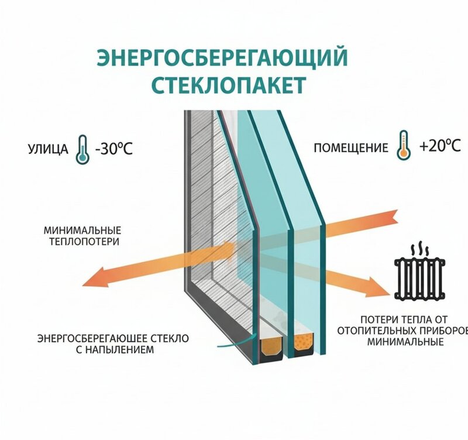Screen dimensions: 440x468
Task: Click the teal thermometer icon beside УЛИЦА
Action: [82, 149]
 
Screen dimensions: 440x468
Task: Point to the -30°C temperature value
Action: [113, 148]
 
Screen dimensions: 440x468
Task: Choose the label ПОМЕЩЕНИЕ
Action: [350, 148]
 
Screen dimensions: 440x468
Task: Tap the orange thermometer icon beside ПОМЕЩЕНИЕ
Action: [402, 145]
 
